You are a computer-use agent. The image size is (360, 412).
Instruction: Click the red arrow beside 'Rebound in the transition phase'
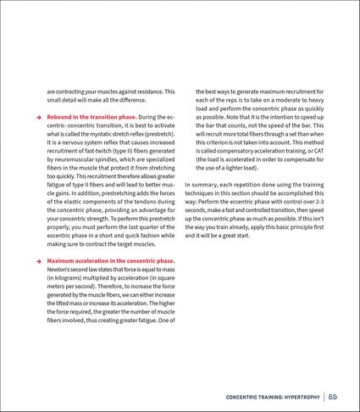(37, 116)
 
